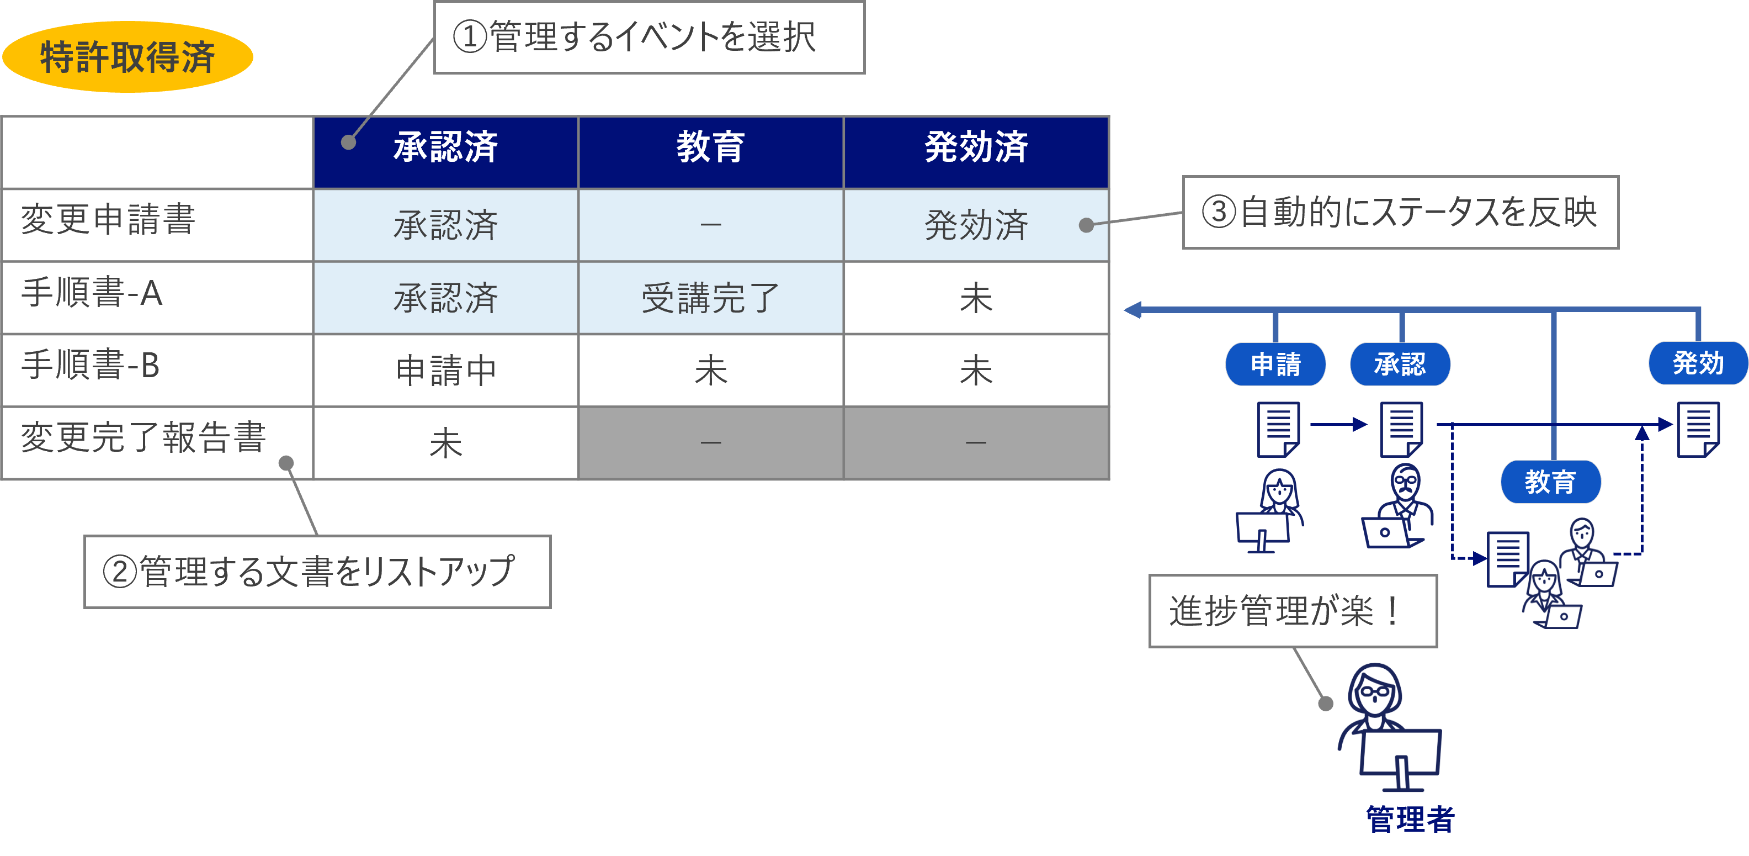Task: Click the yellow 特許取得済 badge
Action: pyautogui.click(x=127, y=56)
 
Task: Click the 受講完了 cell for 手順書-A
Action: pyautogui.click(x=710, y=298)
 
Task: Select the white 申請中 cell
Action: pyautogui.click(x=445, y=370)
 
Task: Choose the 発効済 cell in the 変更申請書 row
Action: pyautogui.click(x=976, y=225)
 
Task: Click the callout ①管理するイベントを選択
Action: pyautogui.click(x=648, y=38)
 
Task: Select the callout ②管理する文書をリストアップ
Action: pyautogui.click(x=317, y=572)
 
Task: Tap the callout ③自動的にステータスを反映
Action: pyautogui.click(x=1400, y=212)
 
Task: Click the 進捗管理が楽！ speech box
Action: pyautogui.click(x=1292, y=611)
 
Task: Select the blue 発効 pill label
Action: pyautogui.click(x=1698, y=364)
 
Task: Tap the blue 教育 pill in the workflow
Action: pyautogui.click(x=1550, y=482)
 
